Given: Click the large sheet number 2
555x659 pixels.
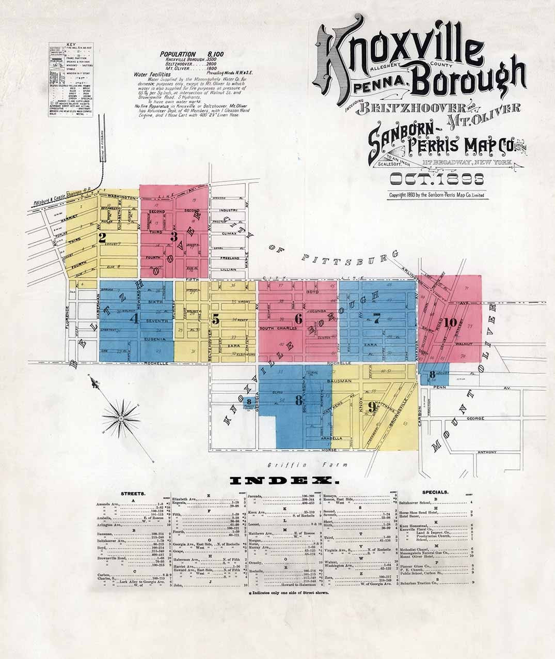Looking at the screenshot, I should pyautogui.click(x=102, y=238).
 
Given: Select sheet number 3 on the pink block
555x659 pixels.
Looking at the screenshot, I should pyautogui.click(x=175, y=237).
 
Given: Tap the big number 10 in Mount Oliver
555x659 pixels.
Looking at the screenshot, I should pyautogui.click(x=450, y=323).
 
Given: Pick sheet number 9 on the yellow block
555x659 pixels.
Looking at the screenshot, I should pyautogui.click(x=371, y=407).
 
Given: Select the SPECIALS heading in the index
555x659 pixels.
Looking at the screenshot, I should pyautogui.click(x=435, y=493).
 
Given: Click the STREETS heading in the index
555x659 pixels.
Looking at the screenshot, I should pyautogui.click(x=133, y=494).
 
